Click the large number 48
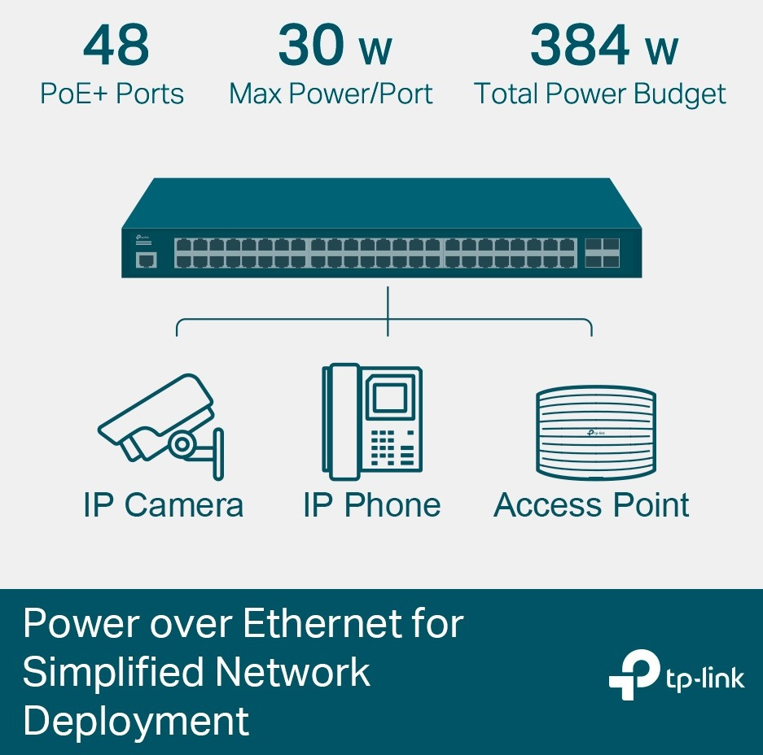[x=116, y=46]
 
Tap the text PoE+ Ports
[x=112, y=94]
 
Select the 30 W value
[x=335, y=46]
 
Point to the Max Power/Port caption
[x=331, y=94]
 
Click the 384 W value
[x=604, y=46]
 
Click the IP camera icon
[x=161, y=427]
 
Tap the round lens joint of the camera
[x=182, y=443]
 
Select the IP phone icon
[x=372, y=421]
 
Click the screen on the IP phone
[x=390, y=398]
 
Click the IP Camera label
[x=164, y=504]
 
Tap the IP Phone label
[x=372, y=504]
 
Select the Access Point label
[x=591, y=504]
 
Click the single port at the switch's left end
[x=146, y=260]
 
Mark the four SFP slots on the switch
[x=602, y=253]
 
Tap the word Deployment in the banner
[x=136, y=722]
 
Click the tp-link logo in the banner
[x=677, y=674]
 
